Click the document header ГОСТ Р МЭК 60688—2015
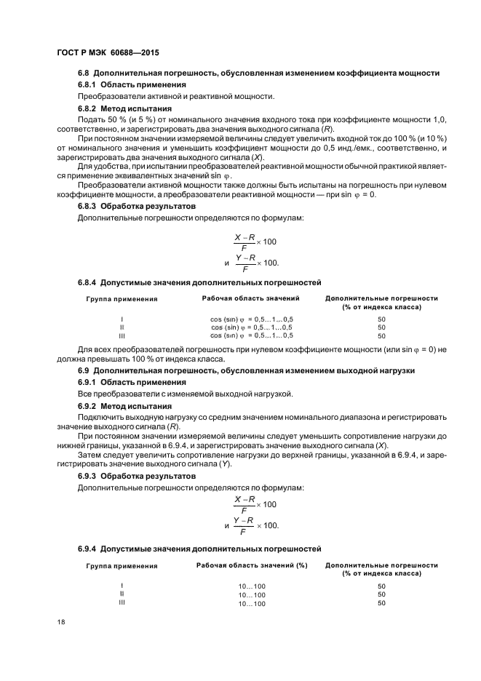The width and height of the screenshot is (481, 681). [107, 54]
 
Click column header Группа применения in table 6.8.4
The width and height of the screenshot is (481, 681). [122, 299]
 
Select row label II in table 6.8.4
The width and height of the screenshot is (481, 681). [122, 327]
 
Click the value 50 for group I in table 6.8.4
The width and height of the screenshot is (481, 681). [381, 319]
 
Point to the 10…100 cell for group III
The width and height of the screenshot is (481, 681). [252, 604]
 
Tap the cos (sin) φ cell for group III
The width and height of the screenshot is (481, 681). [252, 335]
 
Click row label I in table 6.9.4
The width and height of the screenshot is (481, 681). [122, 586]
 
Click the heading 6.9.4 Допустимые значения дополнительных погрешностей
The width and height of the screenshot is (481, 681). [199, 548]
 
